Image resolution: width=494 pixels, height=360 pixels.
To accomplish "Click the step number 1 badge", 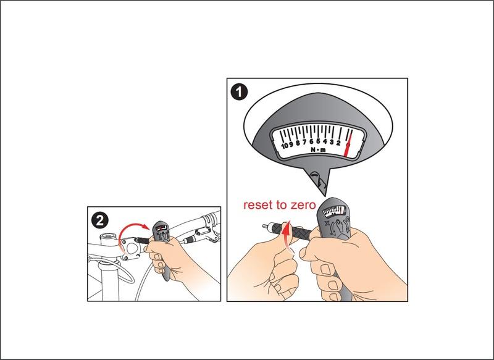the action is (x=239, y=92).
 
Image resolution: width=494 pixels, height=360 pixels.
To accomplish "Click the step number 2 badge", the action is (x=100, y=220).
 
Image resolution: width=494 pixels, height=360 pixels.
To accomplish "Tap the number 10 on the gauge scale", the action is (x=285, y=146).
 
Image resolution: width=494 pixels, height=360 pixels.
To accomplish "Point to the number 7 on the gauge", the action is (x=304, y=143).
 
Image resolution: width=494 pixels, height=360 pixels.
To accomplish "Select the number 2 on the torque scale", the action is (x=338, y=143).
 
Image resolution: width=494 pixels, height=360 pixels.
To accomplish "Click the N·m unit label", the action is (x=318, y=150).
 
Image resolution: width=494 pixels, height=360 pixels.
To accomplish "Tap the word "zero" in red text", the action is (x=303, y=205).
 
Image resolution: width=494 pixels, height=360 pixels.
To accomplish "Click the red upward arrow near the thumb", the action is (x=285, y=235).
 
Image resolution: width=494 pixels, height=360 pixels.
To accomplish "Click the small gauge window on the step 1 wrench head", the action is (x=335, y=211).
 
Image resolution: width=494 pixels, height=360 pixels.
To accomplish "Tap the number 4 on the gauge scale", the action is (x=325, y=142).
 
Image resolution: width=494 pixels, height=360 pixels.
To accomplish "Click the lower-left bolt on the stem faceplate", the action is (x=126, y=258).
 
